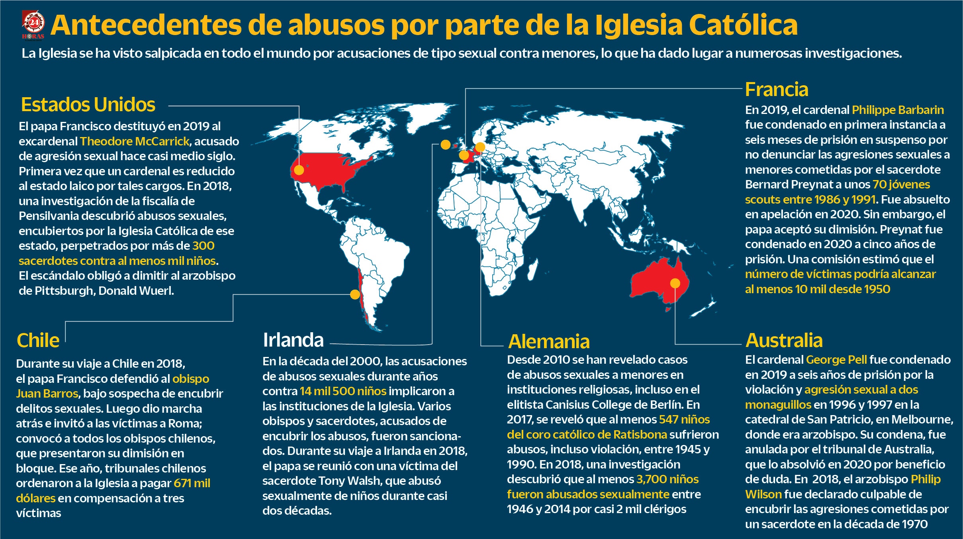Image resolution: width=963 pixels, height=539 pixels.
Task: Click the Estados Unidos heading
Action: click(x=88, y=105)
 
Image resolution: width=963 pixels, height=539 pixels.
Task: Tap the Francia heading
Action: click(x=777, y=90)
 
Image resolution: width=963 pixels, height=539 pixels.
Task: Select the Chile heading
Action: click(x=38, y=341)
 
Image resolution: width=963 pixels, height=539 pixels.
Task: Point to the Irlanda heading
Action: click(x=293, y=340)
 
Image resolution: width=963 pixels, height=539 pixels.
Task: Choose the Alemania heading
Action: click(x=549, y=342)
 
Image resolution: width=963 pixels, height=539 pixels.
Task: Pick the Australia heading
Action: click(x=784, y=341)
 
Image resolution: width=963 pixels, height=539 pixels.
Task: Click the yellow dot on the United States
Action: click(x=299, y=170)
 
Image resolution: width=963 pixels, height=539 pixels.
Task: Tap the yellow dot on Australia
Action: click(x=675, y=283)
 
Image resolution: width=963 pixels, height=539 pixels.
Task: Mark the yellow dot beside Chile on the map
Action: click(x=355, y=294)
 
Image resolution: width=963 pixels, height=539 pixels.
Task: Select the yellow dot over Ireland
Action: click(x=446, y=145)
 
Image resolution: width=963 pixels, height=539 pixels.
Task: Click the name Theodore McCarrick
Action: click(x=135, y=141)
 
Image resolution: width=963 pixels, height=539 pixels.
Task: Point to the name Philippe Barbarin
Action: click(x=898, y=110)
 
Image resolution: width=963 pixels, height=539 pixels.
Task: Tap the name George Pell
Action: click(x=836, y=360)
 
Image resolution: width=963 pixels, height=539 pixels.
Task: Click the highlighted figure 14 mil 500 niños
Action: click(x=343, y=391)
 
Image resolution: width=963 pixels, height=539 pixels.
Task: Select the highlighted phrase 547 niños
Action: click(x=684, y=419)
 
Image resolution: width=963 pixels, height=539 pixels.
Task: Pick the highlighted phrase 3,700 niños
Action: click(x=667, y=479)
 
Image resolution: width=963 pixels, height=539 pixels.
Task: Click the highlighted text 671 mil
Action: click(x=192, y=483)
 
